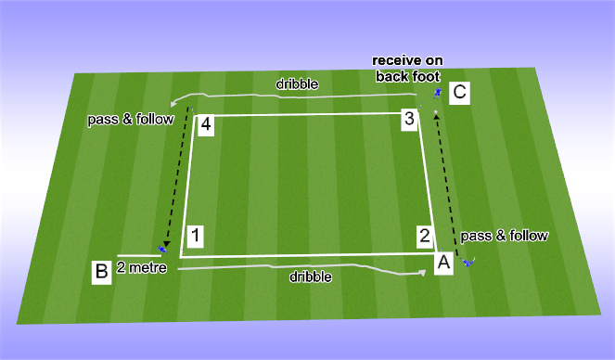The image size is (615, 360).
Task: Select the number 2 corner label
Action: click(423, 235)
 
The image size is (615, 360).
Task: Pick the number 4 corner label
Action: click(206, 124)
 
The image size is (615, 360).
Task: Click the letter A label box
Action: click(443, 263)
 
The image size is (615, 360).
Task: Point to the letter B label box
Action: click(101, 271)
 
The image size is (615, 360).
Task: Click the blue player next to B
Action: click(163, 249)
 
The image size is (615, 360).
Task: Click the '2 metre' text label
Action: click(138, 268)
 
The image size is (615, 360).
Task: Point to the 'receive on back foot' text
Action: click(408, 69)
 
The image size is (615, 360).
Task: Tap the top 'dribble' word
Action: click(297, 84)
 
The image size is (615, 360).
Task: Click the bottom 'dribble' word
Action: click(310, 276)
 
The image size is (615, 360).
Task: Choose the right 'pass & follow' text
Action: click(505, 236)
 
